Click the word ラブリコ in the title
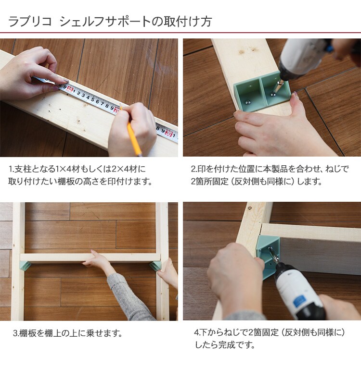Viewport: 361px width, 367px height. (x=30, y=22)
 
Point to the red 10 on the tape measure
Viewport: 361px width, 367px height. (x=70, y=89)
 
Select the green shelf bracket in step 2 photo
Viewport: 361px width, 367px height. (x=262, y=92)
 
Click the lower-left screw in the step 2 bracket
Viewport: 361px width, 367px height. (x=247, y=102)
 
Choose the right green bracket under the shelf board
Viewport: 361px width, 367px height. (x=155, y=266)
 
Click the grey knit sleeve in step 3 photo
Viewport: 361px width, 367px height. (x=128, y=298)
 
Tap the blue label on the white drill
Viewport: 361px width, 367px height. (x=298, y=302)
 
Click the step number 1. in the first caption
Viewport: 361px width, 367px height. (x=11, y=169)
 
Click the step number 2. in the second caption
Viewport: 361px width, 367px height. (x=194, y=169)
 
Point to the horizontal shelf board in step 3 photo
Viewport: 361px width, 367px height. (x=90, y=257)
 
